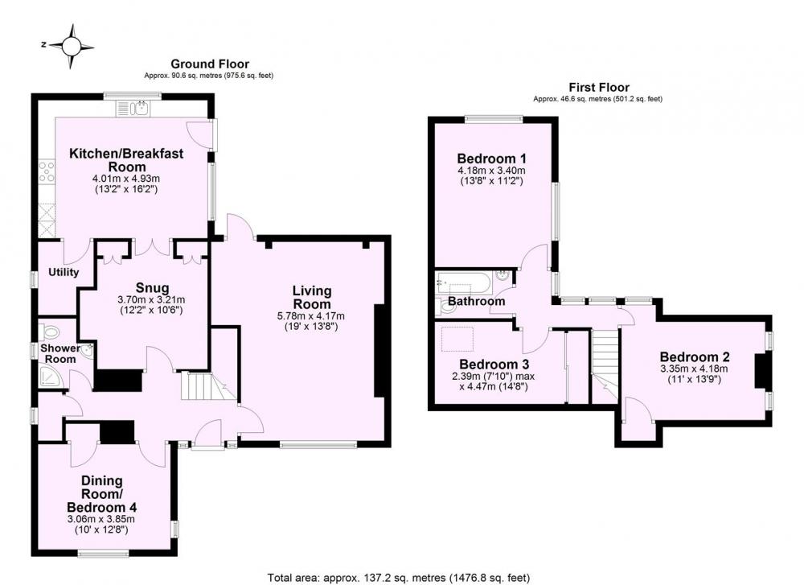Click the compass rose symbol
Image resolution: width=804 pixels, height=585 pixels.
click(72, 47)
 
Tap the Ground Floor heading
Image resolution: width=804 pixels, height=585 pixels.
click(210, 64)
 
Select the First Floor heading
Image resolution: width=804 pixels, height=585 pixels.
click(599, 87)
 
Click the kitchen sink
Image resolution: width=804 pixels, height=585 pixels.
click(133, 109)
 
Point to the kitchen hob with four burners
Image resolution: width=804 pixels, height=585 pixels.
click(47, 171)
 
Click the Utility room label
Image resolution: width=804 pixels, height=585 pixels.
click(64, 272)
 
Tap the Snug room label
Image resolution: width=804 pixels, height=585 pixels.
click(152, 288)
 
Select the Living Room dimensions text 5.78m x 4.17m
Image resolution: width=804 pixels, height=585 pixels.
click(311, 315)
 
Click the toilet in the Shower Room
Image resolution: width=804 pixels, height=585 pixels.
click(50, 332)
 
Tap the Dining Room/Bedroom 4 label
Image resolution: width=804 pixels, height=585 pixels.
click(102, 493)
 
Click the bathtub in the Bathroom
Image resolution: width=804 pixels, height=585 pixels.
click(464, 282)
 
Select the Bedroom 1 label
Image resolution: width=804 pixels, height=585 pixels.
click(492, 158)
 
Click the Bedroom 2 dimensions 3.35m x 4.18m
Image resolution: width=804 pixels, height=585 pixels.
click(694, 369)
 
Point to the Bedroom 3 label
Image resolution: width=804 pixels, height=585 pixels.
click(494, 365)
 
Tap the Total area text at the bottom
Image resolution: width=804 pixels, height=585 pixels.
click(399, 578)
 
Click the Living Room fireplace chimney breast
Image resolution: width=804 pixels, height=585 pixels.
click(380, 351)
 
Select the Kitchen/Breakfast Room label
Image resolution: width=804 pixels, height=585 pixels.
click(126, 159)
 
